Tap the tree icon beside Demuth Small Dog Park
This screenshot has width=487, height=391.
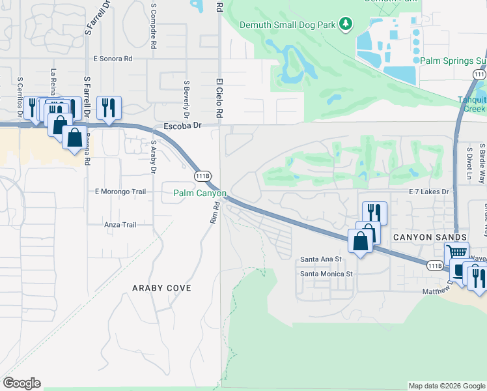point(347,24)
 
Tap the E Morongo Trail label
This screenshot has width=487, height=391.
point(120,192)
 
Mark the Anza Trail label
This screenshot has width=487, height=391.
point(120,225)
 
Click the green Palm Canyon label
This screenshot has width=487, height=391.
point(199,194)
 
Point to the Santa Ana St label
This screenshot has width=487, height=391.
point(321,259)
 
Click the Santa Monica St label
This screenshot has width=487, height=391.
point(326,274)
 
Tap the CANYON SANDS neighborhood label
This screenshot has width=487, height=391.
point(430,237)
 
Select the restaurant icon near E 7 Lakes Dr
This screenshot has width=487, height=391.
point(374,212)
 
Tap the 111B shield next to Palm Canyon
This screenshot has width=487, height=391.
point(202,176)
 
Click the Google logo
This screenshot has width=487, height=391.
point(22,383)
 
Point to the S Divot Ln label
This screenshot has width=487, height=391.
point(468,161)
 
